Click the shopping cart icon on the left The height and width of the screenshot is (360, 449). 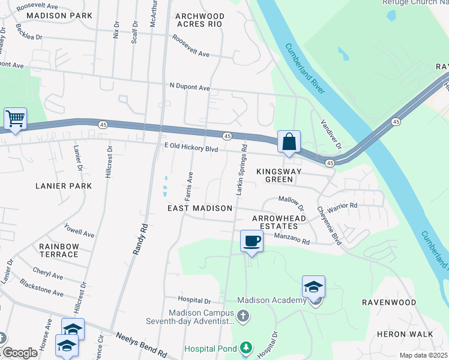(x=14, y=119)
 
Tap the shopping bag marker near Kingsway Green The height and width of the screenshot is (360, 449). (x=289, y=142)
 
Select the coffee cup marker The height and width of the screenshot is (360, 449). (x=252, y=241)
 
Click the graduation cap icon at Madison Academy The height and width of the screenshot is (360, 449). (x=313, y=287)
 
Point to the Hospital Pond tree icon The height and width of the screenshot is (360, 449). (x=245, y=348)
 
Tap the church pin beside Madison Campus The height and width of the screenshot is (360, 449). (x=243, y=316)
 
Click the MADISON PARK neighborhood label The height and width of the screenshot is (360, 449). (x=59, y=15)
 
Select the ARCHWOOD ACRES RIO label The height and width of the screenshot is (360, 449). (x=200, y=20)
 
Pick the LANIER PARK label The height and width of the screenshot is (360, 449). (x=63, y=186)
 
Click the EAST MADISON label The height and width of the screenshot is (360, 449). (x=199, y=208)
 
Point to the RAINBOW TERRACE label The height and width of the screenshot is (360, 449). (x=59, y=250)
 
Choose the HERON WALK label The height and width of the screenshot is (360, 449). (x=396, y=334)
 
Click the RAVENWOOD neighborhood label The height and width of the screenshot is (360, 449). (x=389, y=302)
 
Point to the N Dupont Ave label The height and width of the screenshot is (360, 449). (x=190, y=88)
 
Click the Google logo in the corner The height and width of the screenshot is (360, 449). (x=20, y=353)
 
